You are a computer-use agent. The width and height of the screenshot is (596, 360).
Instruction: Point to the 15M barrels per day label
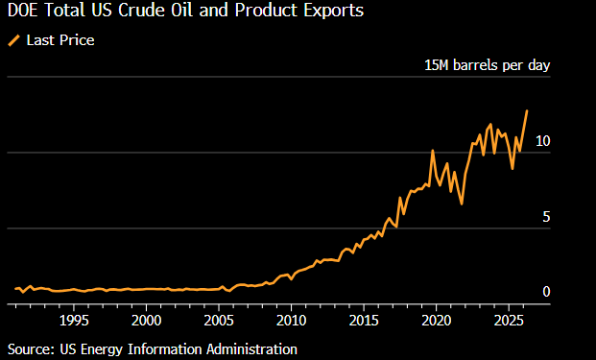487,66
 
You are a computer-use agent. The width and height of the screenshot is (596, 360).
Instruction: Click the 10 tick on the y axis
542,141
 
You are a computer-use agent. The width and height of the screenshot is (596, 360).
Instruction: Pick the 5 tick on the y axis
545,217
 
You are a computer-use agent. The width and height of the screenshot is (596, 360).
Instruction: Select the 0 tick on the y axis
545,292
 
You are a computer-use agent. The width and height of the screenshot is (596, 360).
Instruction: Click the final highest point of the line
527,110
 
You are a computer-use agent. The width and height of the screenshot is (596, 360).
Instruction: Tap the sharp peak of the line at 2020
433,151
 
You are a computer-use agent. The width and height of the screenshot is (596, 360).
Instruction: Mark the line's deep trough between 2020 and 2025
462,204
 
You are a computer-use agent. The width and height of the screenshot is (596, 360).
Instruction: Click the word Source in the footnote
30,348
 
